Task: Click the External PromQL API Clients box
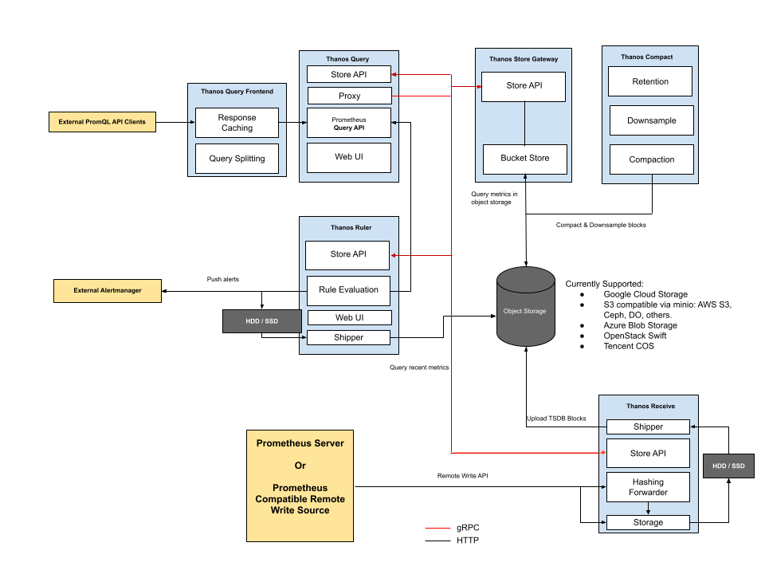[x=101, y=123]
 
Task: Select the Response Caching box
[x=237, y=123]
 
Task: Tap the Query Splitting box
[x=237, y=158]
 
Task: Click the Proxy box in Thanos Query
[x=349, y=96]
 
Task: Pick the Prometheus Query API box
[x=349, y=123]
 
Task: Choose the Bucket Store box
[x=524, y=158]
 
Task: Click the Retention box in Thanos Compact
[x=650, y=81]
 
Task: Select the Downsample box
[x=651, y=120]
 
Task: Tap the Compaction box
[x=651, y=159]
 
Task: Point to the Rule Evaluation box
[x=348, y=289]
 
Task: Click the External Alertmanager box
[x=107, y=290]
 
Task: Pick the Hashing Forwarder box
[x=648, y=487]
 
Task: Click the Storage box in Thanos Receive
[x=648, y=522]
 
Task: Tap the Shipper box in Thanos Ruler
[x=348, y=337]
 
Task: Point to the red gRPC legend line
[x=437, y=528]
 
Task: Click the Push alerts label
[x=223, y=280]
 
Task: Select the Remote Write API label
[x=463, y=476]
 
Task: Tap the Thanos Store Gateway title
[x=524, y=59]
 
